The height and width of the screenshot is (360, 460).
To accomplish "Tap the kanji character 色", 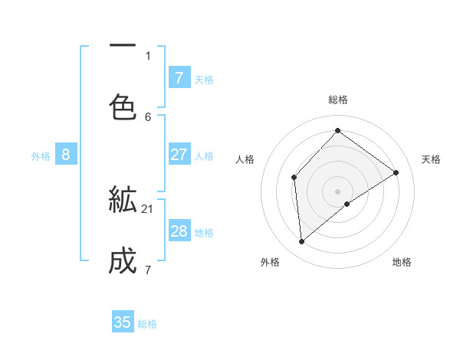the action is point(123,106).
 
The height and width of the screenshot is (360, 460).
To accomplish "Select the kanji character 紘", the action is point(123,200).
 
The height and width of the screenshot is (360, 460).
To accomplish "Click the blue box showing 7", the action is point(179,77).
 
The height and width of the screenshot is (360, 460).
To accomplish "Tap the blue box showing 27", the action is point(179,155).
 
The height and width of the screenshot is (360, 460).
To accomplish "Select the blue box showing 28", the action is point(179,231).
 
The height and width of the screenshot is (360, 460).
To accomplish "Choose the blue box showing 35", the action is point(123,322).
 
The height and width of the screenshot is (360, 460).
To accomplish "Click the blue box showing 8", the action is point(66,155).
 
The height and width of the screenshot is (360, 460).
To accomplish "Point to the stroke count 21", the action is point(148,208).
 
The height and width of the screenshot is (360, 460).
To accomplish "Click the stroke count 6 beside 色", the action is point(148,116).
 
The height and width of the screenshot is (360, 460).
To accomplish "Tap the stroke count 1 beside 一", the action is point(148,54).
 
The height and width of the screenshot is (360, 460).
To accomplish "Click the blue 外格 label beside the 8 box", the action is point(41,156).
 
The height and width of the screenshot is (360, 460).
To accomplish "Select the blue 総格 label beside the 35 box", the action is point(147,324).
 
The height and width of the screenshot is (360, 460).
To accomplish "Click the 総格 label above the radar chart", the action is point(337,100).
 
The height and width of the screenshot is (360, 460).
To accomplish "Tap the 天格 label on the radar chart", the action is point(431,159).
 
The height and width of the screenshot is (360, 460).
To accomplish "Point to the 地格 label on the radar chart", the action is point(402,263).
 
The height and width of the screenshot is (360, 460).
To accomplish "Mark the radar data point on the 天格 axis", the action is point(396,172).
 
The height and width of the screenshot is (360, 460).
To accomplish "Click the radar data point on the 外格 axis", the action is point(302,241).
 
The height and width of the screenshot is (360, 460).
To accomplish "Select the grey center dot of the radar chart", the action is point(337,191).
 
